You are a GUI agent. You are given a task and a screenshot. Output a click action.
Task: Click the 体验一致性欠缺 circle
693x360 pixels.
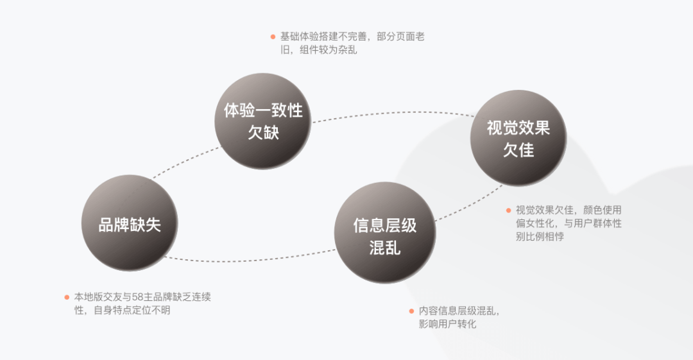(262, 121)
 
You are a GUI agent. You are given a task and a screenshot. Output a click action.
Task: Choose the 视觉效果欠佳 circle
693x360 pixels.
(518, 139)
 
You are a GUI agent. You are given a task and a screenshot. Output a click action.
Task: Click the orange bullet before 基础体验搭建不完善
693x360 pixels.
(273, 37)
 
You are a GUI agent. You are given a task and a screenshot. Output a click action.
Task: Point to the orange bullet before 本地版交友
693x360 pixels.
(67, 296)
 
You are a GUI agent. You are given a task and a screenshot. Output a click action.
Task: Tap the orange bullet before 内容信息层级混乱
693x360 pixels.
(412, 311)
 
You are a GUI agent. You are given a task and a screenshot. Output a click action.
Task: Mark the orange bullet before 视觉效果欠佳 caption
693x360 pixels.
(509, 210)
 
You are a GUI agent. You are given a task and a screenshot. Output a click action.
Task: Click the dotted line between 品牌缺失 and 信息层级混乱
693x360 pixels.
(250, 259)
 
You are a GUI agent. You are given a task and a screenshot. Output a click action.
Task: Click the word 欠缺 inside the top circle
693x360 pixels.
(263, 133)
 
